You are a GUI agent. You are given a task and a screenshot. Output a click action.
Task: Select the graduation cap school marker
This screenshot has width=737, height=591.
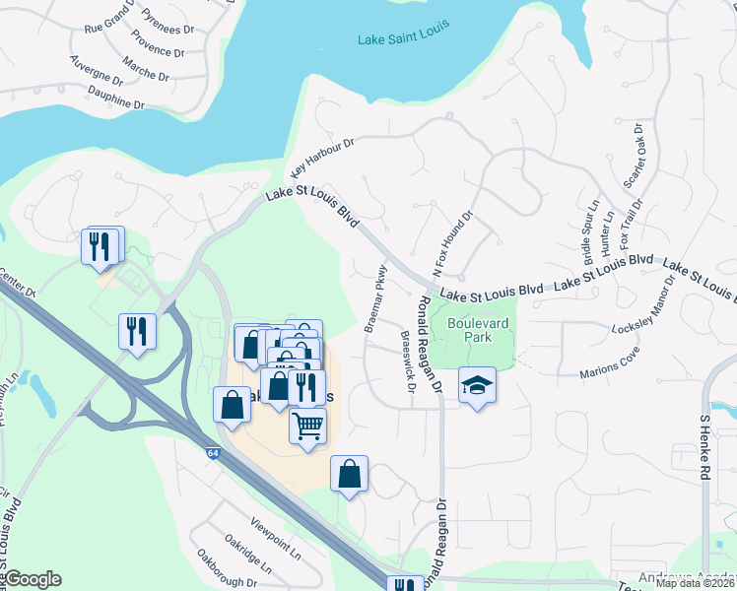pyautogui.click(x=477, y=385)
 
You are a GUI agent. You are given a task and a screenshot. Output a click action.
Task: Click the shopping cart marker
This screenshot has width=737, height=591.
pyautogui.click(x=307, y=427)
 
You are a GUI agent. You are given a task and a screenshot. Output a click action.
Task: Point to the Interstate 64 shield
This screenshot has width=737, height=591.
pyautogui.click(x=214, y=453)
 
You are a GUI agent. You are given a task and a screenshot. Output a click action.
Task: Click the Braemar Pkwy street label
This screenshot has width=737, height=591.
pyautogui.click(x=375, y=296)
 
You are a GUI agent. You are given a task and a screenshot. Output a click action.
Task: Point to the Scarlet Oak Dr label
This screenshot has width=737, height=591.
pyautogui.click(x=632, y=157)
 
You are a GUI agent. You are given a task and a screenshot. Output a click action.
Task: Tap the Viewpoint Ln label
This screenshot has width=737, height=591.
pyautogui.click(x=276, y=537)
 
